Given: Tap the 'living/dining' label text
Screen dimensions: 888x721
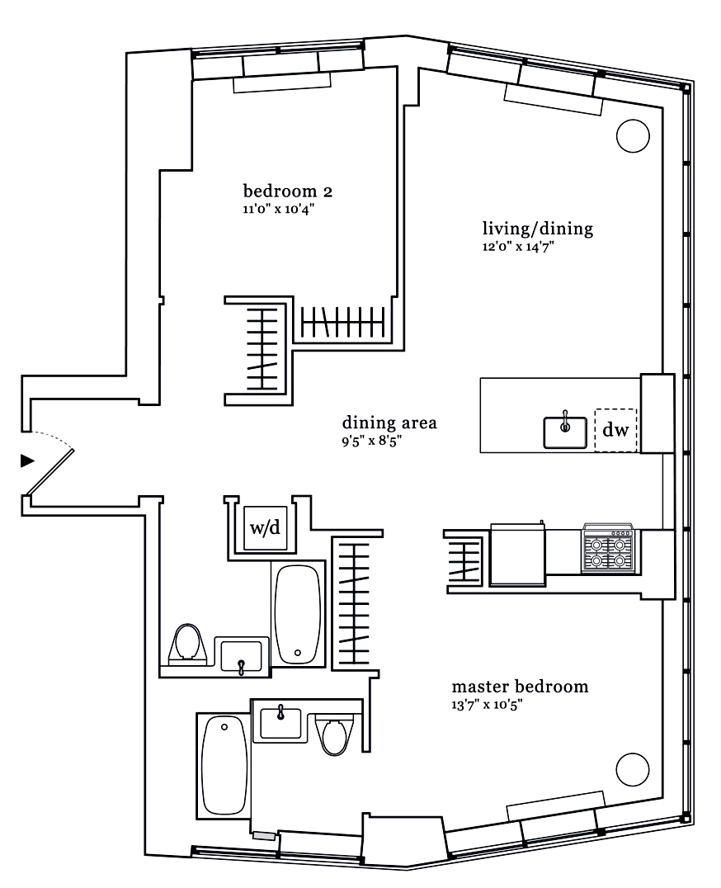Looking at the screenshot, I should [537, 229].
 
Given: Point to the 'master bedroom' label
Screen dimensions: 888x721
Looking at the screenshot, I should [520, 687].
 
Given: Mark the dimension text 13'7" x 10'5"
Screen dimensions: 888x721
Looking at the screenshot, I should [488, 704].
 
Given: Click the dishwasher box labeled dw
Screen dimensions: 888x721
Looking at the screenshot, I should [615, 430].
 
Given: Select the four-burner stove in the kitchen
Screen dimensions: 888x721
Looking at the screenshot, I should [608, 549].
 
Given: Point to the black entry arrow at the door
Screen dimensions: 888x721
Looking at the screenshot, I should [27, 460].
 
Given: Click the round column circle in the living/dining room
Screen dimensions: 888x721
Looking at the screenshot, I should [633, 135].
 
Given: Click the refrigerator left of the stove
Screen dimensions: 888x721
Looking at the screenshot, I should [516, 553].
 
